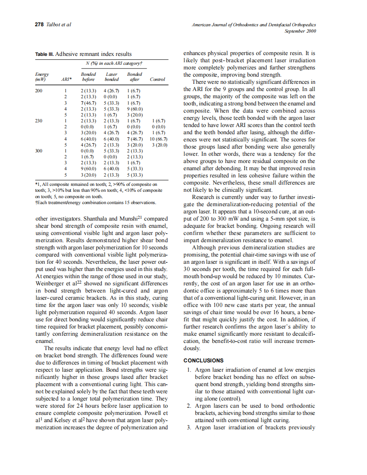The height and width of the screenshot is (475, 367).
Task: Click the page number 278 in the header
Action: (x=39, y=25)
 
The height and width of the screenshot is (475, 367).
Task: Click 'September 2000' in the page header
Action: (x=300, y=31)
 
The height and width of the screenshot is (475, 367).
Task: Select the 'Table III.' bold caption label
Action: (x=44, y=54)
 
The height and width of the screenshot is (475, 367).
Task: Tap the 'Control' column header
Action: (x=157, y=79)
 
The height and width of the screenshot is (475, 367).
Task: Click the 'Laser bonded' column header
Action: (x=111, y=77)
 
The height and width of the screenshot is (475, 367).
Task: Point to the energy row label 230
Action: (x=39, y=121)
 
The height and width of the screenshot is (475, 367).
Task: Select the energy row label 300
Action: (x=39, y=150)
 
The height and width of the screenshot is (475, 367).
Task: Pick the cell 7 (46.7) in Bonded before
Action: (x=89, y=103)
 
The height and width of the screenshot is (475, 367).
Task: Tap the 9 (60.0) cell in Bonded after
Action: (x=134, y=109)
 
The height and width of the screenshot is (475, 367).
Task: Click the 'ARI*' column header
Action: (x=66, y=79)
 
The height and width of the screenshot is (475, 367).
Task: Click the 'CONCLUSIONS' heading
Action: (x=203, y=360)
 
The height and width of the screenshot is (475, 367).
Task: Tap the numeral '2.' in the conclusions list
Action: (x=189, y=406)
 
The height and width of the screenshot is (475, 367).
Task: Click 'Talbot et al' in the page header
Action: (x=58, y=25)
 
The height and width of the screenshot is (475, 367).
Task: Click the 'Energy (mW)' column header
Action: (x=42, y=77)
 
